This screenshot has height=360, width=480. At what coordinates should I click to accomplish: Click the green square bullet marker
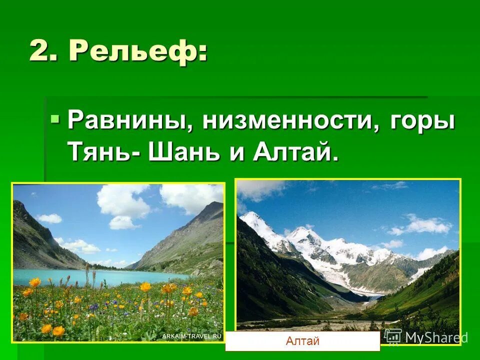(x=55, y=119)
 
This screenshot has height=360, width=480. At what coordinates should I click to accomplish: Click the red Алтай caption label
(x=302, y=341)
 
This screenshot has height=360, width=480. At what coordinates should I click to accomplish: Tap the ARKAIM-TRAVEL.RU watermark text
(x=191, y=336)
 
